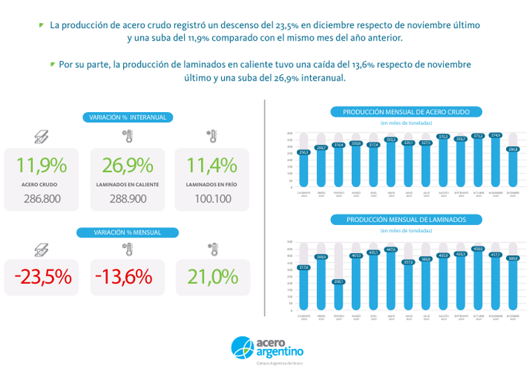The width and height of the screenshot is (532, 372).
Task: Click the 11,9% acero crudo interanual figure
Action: tap(41, 165)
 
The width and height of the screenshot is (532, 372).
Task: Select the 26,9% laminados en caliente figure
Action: tap(127, 165)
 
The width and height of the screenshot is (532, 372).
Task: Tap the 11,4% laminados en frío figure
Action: tap(211, 165)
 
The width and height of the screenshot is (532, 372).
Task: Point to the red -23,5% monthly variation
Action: tap(42, 277)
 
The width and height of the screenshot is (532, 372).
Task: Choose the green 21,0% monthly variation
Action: tap(213, 277)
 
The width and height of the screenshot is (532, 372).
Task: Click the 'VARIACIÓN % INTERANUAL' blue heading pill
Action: tap(127, 117)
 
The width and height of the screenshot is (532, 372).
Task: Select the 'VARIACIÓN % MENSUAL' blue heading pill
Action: tap(127, 232)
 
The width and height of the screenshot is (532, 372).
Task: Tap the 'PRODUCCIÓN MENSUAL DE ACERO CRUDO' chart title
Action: tap(406, 112)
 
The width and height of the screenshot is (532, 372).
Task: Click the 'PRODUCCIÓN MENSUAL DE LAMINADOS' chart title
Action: tap(406, 220)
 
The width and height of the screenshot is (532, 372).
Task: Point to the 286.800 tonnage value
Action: tap(41, 199)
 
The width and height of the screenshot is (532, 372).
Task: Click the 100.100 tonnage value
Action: tap(213, 199)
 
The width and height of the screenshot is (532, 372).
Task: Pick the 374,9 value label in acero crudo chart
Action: tap(496, 135)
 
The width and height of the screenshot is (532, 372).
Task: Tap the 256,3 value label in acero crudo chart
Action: tap(304, 152)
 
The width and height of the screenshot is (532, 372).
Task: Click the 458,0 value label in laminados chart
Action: tap(478, 249)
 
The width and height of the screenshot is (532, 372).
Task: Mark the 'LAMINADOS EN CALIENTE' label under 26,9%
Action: tap(127, 185)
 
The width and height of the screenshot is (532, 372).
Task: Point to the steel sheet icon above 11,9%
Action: tap(41, 135)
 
